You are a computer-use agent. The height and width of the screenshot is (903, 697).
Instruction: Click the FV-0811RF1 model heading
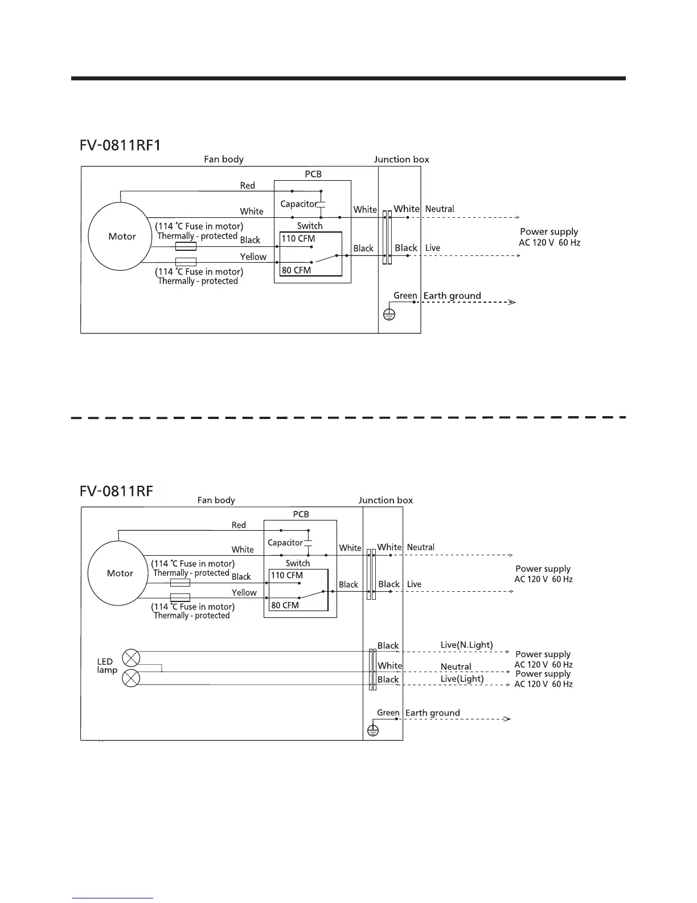[x=120, y=145]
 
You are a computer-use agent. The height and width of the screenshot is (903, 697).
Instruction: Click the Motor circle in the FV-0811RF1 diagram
[x=120, y=236]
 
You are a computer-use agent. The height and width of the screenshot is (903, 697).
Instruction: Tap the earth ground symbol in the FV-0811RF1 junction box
[x=389, y=314]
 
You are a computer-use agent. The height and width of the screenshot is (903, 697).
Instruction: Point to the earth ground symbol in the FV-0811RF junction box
[x=372, y=730]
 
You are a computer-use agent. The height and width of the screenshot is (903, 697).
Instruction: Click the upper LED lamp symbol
[x=131, y=658]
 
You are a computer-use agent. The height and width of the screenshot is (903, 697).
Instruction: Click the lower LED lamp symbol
[x=131, y=678]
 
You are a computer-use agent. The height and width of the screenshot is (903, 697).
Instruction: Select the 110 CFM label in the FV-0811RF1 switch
[x=298, y=239]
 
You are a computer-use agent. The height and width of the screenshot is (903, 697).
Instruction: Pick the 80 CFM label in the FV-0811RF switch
[x=285, y=605]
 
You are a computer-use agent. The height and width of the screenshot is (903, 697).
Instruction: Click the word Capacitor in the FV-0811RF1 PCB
[x=298, y=204]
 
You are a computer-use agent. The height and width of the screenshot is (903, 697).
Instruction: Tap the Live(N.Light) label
[x=466, y=645]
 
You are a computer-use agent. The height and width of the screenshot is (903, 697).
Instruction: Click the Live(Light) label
[x=462, y=679]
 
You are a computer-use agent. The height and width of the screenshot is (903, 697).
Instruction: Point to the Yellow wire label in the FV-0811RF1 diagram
[x=253, y=257]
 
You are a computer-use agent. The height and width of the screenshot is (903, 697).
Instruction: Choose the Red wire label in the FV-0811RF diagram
[x=239, y=525]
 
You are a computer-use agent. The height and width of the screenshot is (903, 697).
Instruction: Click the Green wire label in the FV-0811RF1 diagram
[x=405, y=295]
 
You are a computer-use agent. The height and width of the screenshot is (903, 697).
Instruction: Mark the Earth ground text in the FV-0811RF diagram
[x=432, y=713]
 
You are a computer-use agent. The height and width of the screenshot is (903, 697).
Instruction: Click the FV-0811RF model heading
[x=116, y=491]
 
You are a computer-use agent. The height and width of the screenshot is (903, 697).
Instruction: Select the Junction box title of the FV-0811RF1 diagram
[x=401, y=160]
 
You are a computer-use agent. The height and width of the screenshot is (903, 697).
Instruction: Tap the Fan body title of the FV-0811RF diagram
[x=216, y=500]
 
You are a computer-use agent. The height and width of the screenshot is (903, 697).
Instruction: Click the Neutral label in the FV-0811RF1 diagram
[x=440, y=209]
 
